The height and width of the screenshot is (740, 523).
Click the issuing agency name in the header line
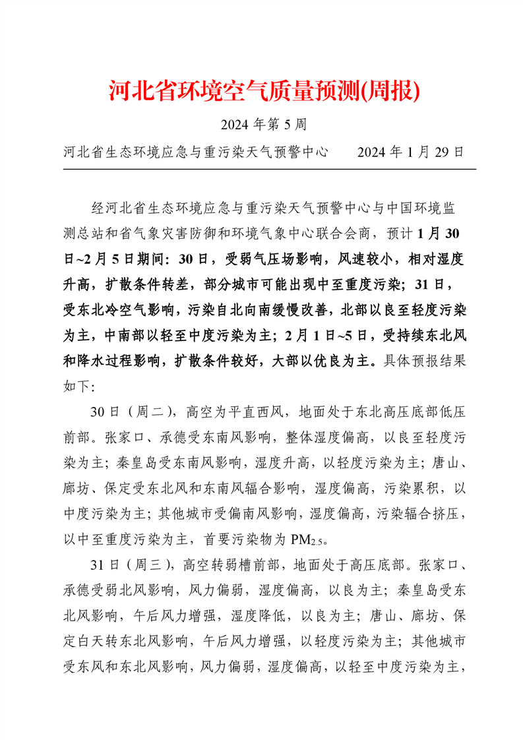click(x=196, y=152)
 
